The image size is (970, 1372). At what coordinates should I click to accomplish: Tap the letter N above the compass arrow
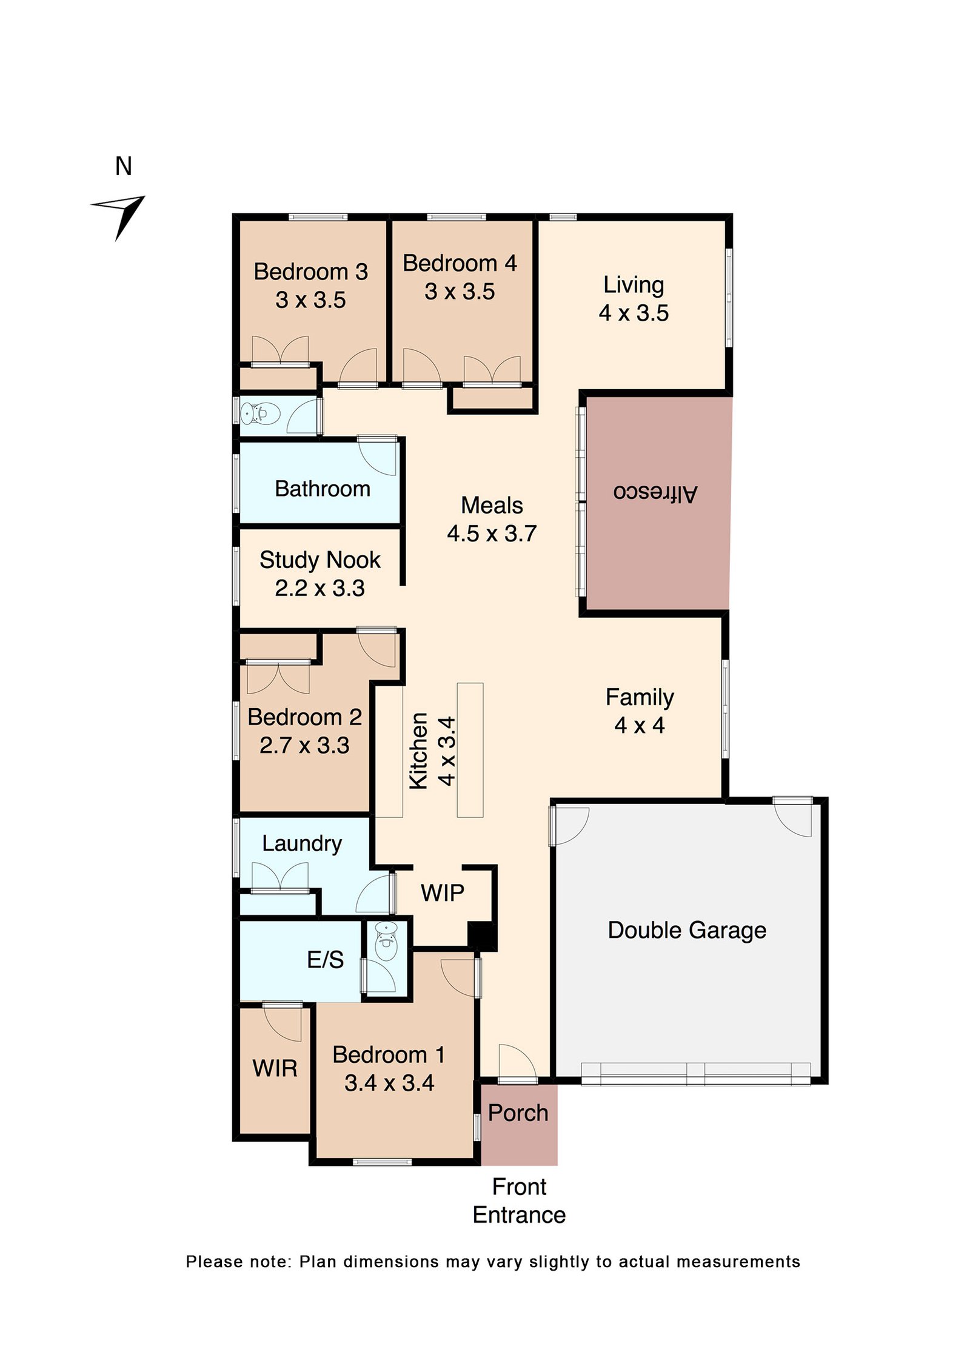click(x=124, y=166)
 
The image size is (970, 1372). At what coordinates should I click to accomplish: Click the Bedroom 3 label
click(x=310, y=272)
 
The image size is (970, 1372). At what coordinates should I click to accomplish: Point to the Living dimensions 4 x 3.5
click(x=634, y=313)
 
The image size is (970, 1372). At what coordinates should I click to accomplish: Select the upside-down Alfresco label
click(x=655, y=492)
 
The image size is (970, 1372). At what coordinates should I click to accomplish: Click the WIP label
click(x=443, y=892)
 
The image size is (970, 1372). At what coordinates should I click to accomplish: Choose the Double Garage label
click(x=687, y=931)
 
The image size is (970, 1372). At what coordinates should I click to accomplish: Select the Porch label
click(x=518, y=1113)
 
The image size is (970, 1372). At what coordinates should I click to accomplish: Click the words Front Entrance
click(x=519, y=1201)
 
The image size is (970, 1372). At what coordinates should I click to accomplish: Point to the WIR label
click(x=275, y=1069)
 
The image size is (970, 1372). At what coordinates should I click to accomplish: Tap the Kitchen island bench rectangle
click(x=470, y=750)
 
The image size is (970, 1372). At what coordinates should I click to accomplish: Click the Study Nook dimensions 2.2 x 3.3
click(x=319, y=588)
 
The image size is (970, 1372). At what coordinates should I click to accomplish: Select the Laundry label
click(x=302, y=844)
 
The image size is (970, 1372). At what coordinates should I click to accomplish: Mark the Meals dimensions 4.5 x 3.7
click(x=492, y=534)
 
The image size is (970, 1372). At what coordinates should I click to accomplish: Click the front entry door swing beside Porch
click(x=517, y=1062)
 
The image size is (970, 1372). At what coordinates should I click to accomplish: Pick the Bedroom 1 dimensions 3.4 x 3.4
click(x=389, y=1083)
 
